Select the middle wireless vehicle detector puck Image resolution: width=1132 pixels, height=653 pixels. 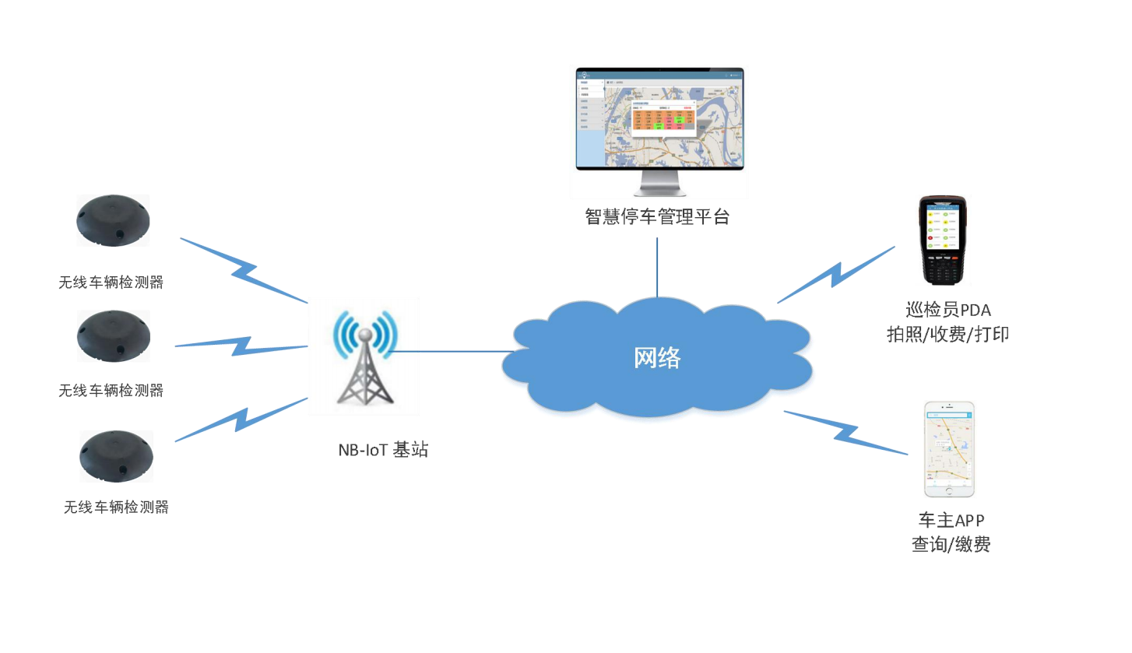(x=114, y=335)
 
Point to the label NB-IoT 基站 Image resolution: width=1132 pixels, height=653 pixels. (x=383, y=450)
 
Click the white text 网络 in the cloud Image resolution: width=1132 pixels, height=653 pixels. (x=657, y=357)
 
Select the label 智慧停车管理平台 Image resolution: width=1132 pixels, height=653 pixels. (x=657, y=216)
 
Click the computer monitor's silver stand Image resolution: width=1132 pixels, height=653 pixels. (x=659, y=184)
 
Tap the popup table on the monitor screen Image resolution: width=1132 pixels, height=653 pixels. (x=663, y=118)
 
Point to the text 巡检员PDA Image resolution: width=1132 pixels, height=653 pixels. (x=948, y=310)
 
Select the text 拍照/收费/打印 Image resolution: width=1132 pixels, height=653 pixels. (x=948, y=335)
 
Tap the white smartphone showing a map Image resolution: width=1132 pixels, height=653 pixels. (x=949, y=449)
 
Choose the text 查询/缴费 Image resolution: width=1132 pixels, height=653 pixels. (x=951, y=544)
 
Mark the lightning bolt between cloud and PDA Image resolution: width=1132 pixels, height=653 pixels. (x=837, y=275)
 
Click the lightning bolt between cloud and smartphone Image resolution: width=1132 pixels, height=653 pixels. (x=847, y=433)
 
